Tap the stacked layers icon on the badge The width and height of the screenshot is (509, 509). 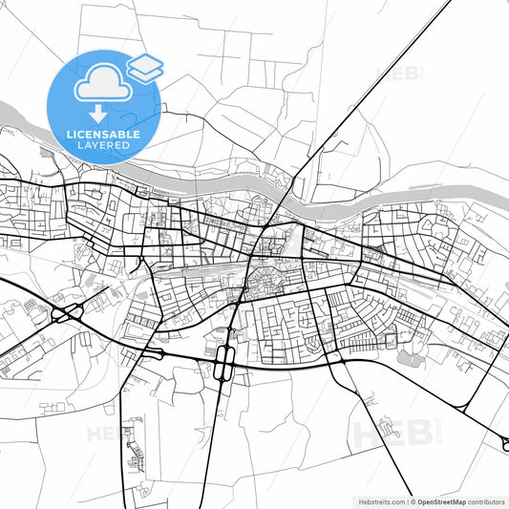(x=145, y=67)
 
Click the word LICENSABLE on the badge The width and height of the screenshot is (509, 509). (x=103, y=135)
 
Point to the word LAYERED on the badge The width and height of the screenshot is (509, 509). (x=103, y=146)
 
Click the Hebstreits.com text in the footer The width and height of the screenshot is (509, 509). (x=376, y=500)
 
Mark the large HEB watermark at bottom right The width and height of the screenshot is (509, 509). (x=386, y=433)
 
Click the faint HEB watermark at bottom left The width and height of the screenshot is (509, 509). (x=108, y=433)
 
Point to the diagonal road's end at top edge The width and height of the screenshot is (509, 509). (x=447, y=3)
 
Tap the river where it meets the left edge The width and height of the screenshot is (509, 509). (x=3, y=106)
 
